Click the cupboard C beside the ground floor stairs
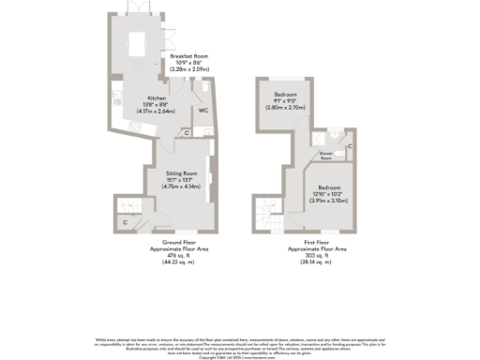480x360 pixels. click(126, 222)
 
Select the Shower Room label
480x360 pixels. click(327, 153)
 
